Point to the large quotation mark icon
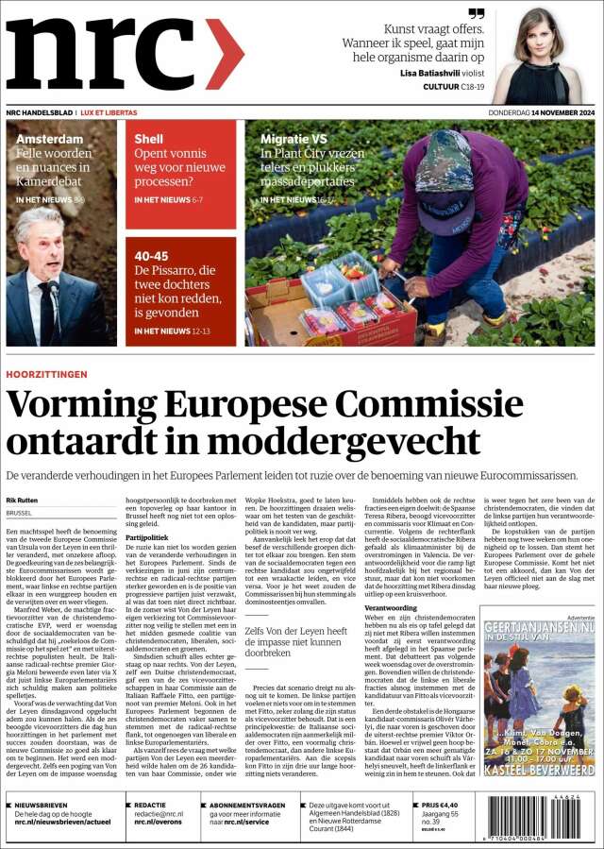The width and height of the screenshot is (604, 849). click(477, 13)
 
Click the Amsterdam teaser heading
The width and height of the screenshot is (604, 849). click(50, 139)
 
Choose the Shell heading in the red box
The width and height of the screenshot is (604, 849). click(149, 139)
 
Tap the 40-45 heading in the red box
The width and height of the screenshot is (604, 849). click(152, 256)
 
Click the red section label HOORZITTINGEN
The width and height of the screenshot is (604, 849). click(46, 374)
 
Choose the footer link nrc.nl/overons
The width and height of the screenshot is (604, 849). click(159, 822)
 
